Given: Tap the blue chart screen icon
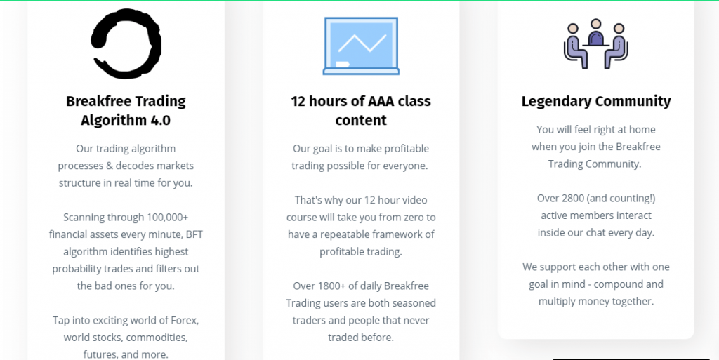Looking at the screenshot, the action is (361, 46).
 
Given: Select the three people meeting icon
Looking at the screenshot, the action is (595, 44).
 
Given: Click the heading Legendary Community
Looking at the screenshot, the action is (595, 101).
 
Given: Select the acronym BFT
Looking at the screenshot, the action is (194, 234).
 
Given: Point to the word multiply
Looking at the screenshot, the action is (557, 302).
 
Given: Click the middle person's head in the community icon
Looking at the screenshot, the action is (595, 24).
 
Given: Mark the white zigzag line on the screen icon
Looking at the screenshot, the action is (362, 43).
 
